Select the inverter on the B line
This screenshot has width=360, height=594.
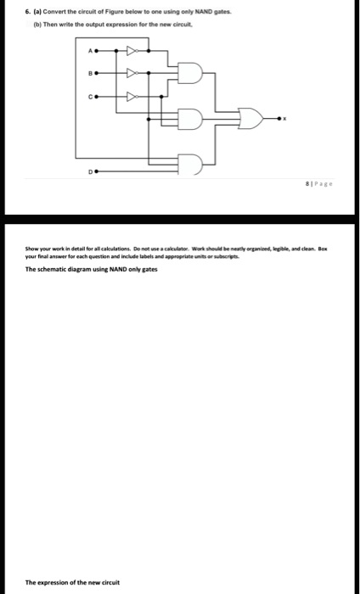pos(133,72)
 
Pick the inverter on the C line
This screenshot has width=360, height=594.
pos(133,96)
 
